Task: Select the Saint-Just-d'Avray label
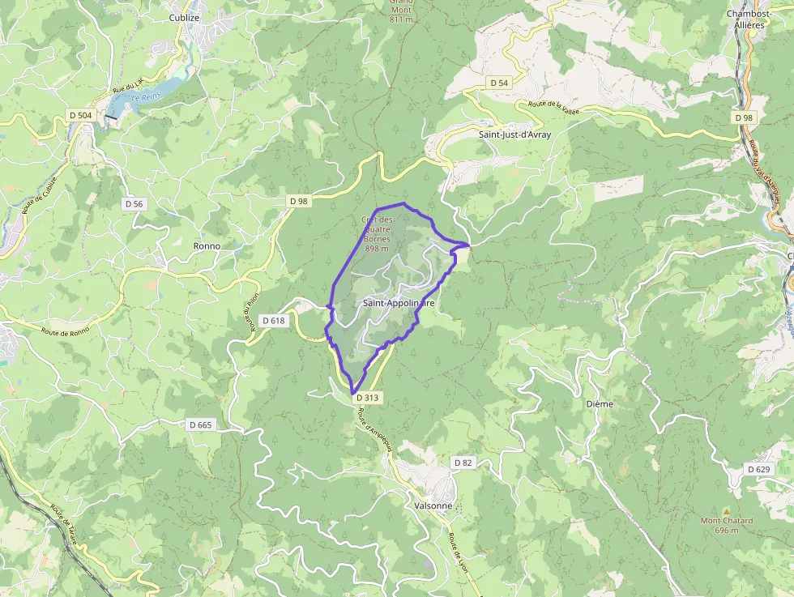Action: point(514,134)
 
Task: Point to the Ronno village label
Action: point(207,245)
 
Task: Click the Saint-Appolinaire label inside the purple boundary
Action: point(399,303)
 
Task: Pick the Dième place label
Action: point(600,403)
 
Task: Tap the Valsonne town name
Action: point(433,505)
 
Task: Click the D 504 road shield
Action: point(81,116)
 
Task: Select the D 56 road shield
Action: point(134,204)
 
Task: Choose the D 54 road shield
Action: point(499,83)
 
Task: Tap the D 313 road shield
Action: point(366,398)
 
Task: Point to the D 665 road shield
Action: point(200,424)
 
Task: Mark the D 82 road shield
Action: point(463,463)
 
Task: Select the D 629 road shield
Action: point(758,469)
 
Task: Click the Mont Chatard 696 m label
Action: point(727,525)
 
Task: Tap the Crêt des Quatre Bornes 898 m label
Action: point(378,234)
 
